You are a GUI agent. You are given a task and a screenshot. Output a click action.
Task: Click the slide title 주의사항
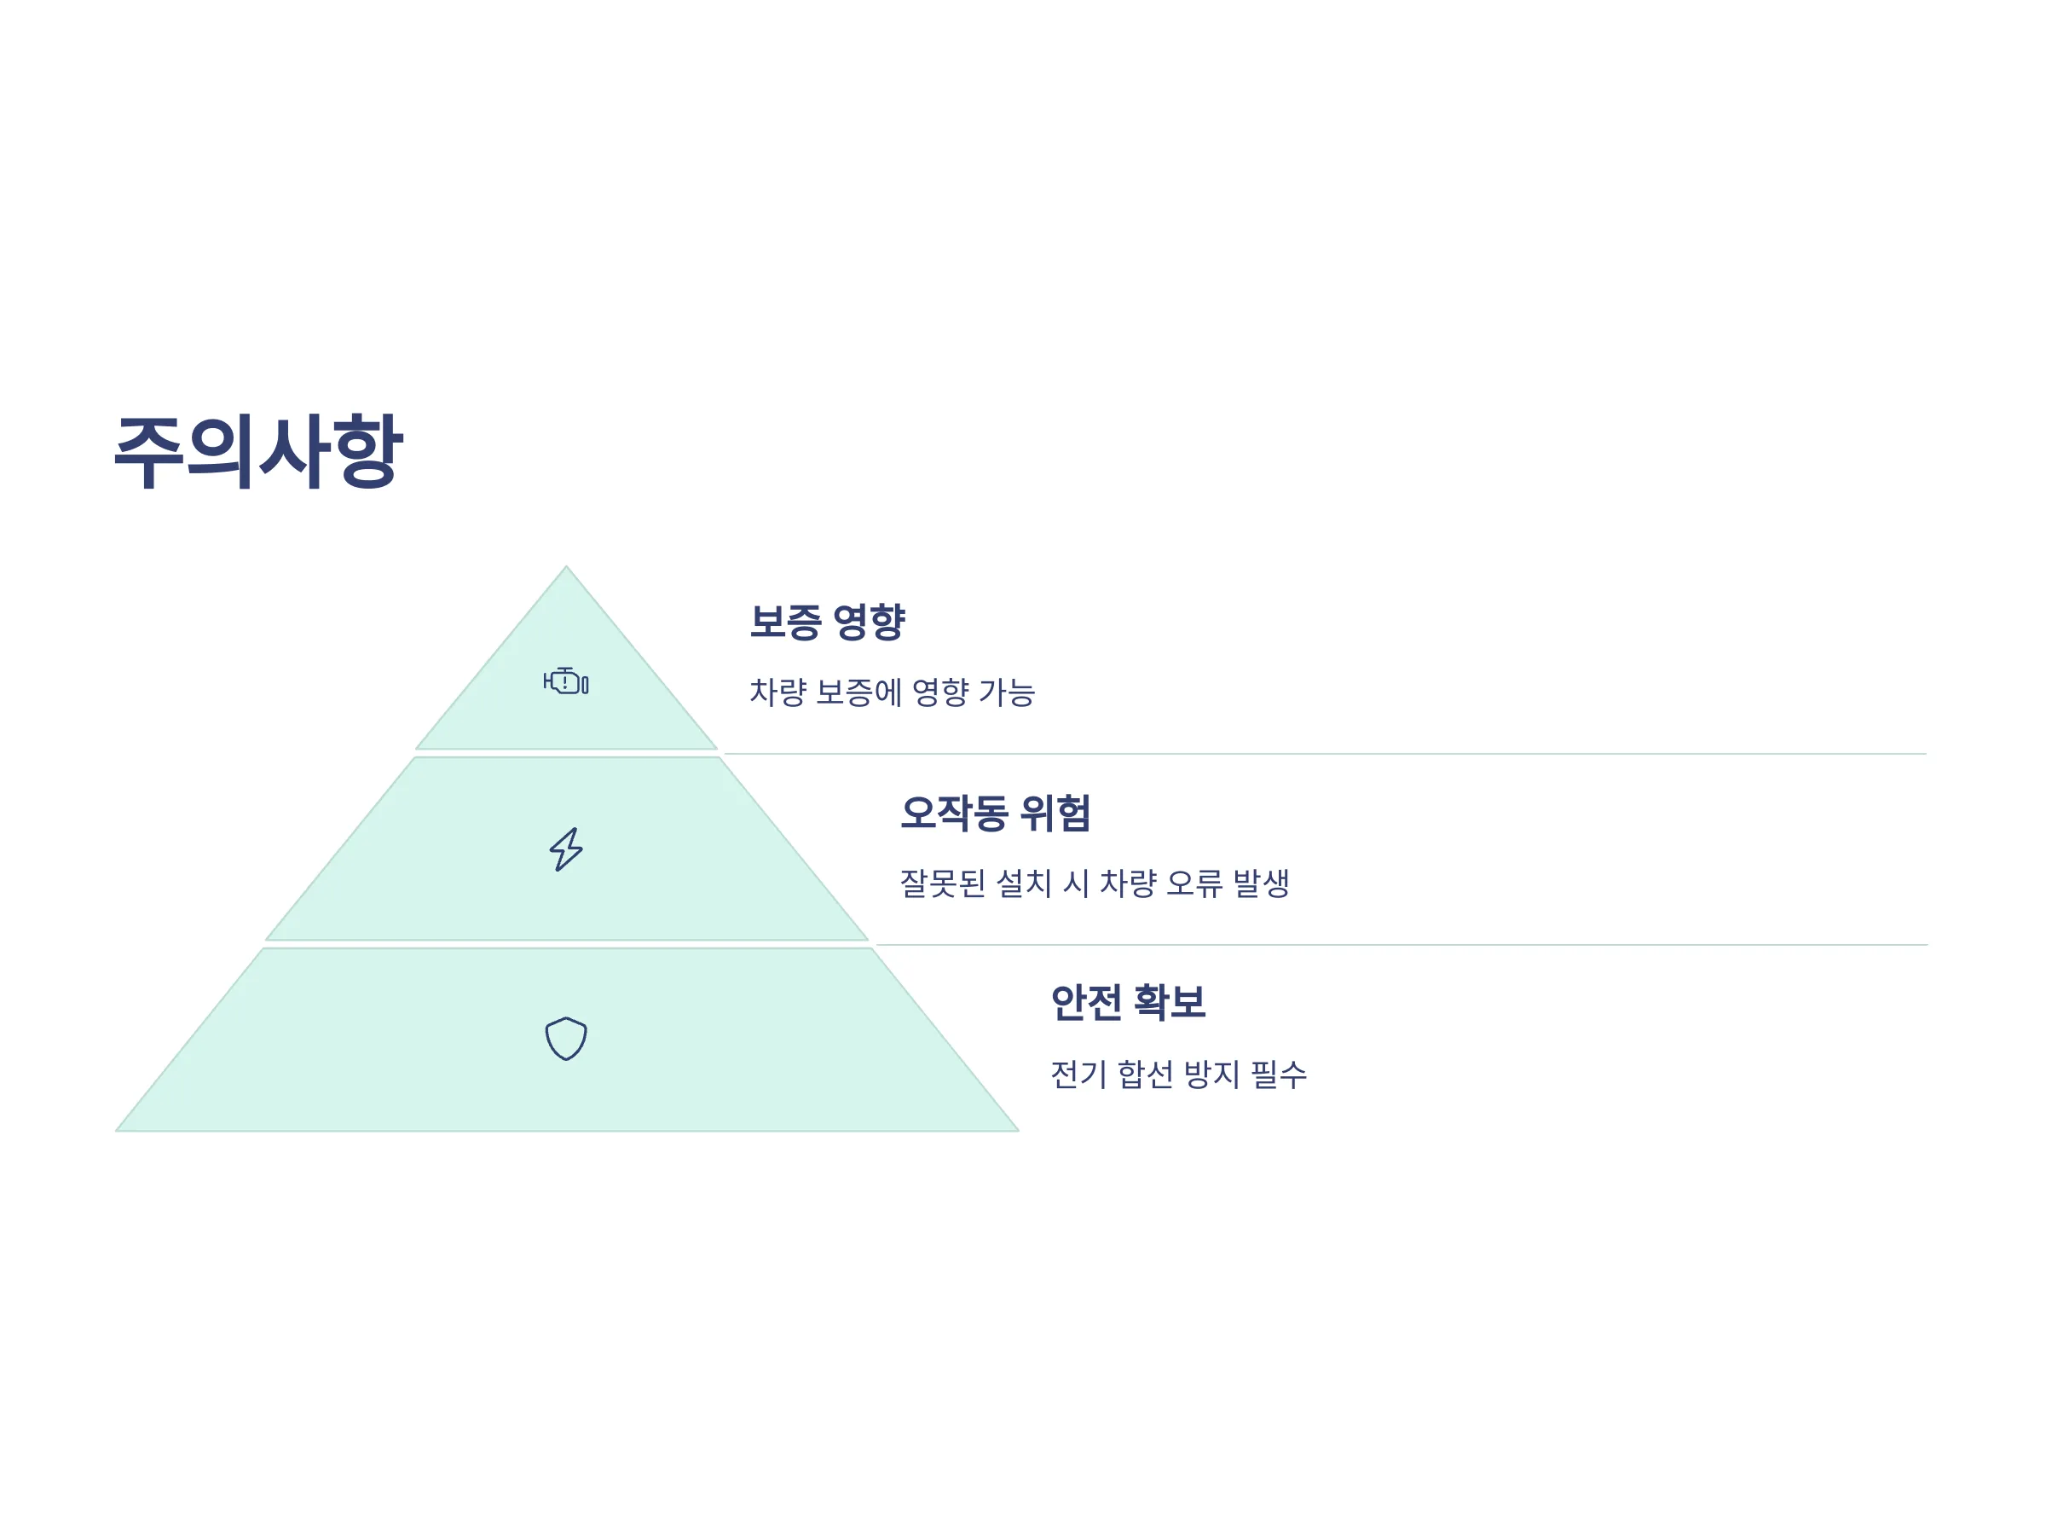pyautogui.click(x=258, y=451)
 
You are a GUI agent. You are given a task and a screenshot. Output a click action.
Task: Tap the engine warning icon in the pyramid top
pyautogui.click(x=566, y=681)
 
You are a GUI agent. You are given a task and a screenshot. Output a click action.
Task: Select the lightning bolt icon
pyautogui.click(x=566, y=849)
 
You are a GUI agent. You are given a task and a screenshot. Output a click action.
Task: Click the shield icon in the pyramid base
pyautogui.click(x=566, y=1039)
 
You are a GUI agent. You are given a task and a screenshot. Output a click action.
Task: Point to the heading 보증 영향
pyautogui.click(x=827, y=622)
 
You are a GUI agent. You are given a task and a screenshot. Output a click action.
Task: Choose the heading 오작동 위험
pyautogui.click(x=995, y=814)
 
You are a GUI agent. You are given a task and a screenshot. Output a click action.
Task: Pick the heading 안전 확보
pyautogui.click(x=1128, y=1003)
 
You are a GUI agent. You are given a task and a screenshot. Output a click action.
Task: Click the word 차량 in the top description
pyautogui.click(x=777, y=692)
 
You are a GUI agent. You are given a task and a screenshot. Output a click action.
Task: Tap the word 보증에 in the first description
pyautogui.click(x=859, y=692)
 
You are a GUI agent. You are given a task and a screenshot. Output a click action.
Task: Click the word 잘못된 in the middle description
pyautogui.click(x=943, y=883)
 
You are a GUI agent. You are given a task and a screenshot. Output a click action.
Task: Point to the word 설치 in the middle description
pyautogui.click(x=1024, y=883)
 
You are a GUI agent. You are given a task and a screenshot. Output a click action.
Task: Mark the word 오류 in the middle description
pyautogui.click(x=1194, y=883)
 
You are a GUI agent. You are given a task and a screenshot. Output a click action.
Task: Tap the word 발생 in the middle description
pyautogui.click(x=1261, y=883)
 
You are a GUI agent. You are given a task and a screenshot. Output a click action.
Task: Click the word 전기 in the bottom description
pyautogui.click(x=1078, y=1074)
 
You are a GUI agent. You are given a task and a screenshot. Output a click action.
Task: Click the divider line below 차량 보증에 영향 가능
pyautogui.click(x=1326, y=754)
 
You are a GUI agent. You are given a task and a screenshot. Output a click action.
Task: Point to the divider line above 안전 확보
pyautogui.click(x=1402, y=945)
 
